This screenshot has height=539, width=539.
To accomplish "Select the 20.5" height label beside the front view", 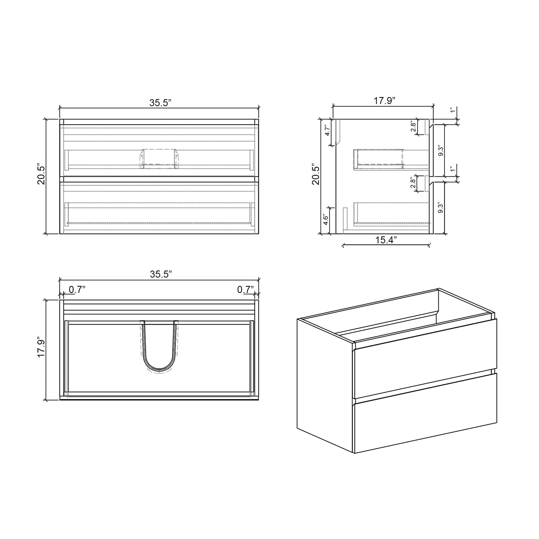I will [x=41, y=175].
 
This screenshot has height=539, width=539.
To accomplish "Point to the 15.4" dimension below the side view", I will [x=386, y=240].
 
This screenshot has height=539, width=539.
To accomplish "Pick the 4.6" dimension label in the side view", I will [x=326, y=220].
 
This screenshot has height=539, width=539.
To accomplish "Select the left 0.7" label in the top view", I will [x=77, y=289].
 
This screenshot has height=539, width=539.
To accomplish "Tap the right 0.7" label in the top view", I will [x=245, y=289].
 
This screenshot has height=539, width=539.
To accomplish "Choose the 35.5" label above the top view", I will [x=161, y=274].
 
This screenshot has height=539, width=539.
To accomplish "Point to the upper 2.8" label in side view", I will [x=414, y=126].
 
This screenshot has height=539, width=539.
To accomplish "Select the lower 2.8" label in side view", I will [x=414, y=183].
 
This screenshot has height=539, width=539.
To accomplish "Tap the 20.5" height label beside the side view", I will [x=315, y=175].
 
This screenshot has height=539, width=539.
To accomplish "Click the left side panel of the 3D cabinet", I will [x=325, y=384].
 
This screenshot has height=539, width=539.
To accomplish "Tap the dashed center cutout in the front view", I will [x=159, y=158].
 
